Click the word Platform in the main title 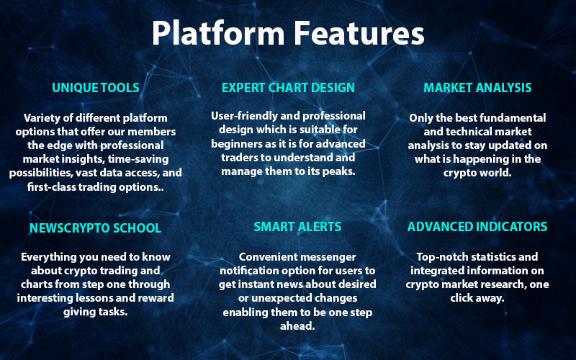(219, 33)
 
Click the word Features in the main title (359, 33)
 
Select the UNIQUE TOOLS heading (96, 88)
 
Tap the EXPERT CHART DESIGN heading (289, 88)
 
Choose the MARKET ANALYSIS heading (477, 88)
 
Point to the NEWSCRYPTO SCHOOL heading (96, 228)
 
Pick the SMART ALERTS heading (297, 227)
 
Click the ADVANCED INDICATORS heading (477, 227)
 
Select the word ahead (297, 326)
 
